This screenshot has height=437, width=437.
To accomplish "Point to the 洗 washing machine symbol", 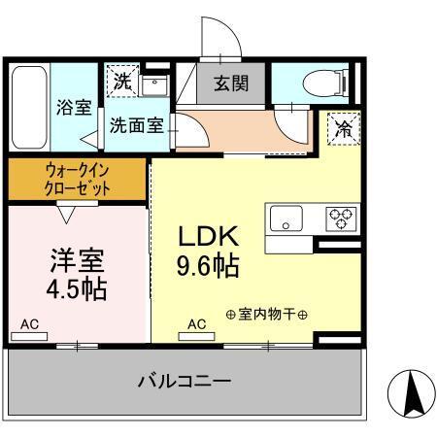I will click(x=120, y=82).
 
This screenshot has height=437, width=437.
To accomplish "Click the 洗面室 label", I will click(x=135, y=124).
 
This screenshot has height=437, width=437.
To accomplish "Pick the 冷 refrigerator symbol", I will click(x=342, y=124).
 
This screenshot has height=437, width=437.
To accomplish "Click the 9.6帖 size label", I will click(x=208, y=265).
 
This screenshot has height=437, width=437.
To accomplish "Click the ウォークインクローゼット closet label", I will click(x=78, y=179).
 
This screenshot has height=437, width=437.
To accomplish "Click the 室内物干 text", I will click(x=266, y=316).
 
